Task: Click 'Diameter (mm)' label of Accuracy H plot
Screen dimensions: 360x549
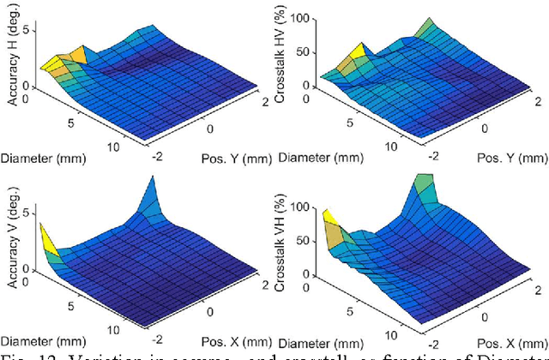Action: click(x=37, y=159)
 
